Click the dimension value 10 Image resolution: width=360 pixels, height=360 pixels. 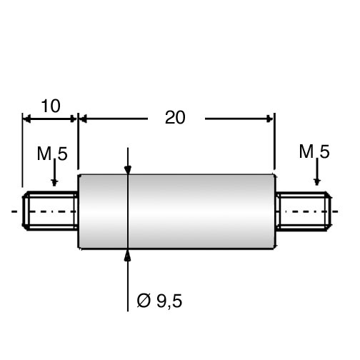51,106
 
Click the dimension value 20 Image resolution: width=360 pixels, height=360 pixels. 175,118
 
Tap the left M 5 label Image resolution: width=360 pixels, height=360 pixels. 52,154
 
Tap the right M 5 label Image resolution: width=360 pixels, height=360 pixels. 314,151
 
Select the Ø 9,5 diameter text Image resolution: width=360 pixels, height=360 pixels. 159,301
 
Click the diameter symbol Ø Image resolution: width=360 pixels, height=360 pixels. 144,301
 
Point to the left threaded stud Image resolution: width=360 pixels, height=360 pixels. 51,211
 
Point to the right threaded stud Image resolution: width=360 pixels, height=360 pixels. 304,211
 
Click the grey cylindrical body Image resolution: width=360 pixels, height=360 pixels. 177,211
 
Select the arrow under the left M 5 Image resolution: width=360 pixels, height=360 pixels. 54,172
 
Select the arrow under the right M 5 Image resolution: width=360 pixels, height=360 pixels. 317,171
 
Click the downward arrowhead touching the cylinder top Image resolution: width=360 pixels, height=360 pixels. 128,170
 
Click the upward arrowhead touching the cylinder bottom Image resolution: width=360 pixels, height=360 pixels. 128,255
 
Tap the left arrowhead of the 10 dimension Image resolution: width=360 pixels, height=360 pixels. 26,119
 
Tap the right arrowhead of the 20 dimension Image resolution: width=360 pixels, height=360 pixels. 270,119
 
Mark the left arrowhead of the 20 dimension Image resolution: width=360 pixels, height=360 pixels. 83,119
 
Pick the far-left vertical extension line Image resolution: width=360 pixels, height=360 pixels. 22,150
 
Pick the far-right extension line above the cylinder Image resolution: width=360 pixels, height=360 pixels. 275,141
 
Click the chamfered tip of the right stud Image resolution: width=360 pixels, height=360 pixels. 329,211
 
